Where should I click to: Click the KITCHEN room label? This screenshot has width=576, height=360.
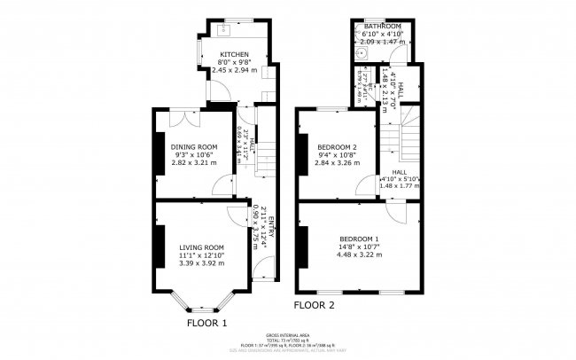(x=234, y=55)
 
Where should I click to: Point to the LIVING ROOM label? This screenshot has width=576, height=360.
(x=200, y=247)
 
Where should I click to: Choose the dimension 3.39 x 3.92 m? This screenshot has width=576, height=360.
(x=200, y=263)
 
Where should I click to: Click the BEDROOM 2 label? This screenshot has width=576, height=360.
(x=337, y=146)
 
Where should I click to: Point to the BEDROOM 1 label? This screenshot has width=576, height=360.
(x=358, y=239)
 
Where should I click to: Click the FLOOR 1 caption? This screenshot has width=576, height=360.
(x=206, y=324)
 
